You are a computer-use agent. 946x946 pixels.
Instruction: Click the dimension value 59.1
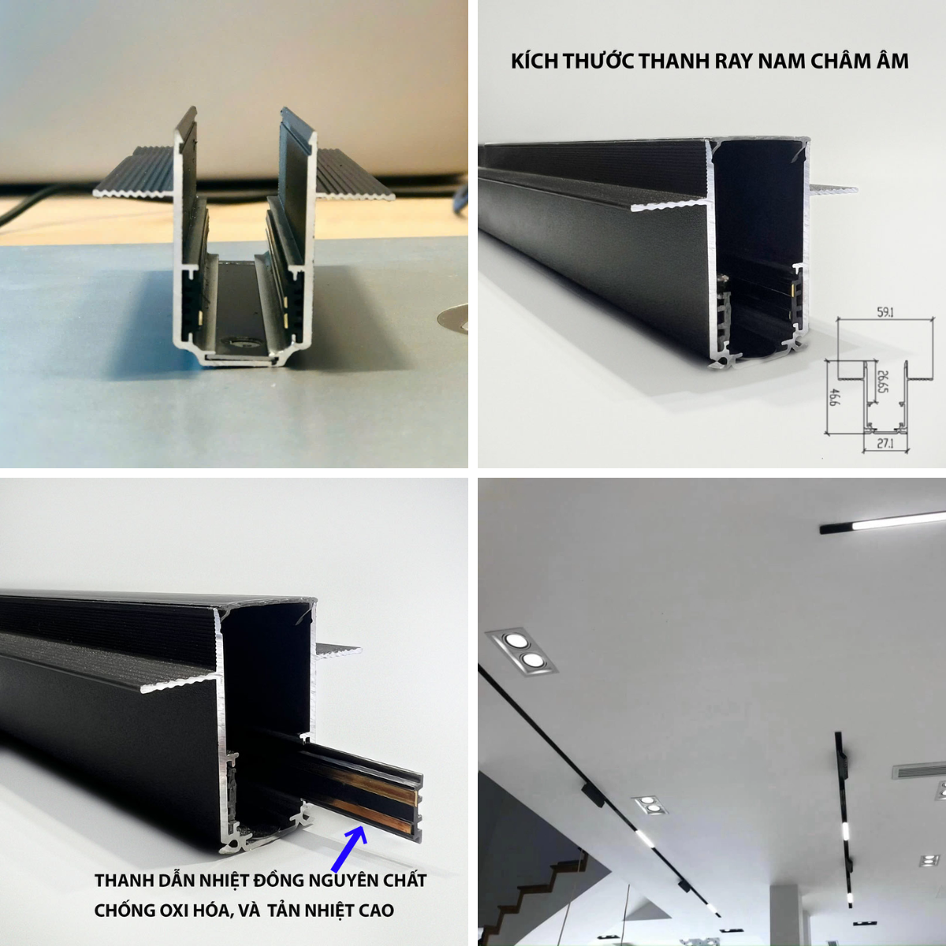[x=885, y=311]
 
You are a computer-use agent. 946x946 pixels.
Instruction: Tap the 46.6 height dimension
[x=833, y=397]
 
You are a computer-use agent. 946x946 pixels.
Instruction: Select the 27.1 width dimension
[x=885, y=443]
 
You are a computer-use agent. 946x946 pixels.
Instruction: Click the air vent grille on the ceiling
[x=919, y=771]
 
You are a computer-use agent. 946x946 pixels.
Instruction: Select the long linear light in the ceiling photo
[x=883, y=523]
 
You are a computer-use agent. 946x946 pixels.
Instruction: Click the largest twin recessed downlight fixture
[x=522, y=650]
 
